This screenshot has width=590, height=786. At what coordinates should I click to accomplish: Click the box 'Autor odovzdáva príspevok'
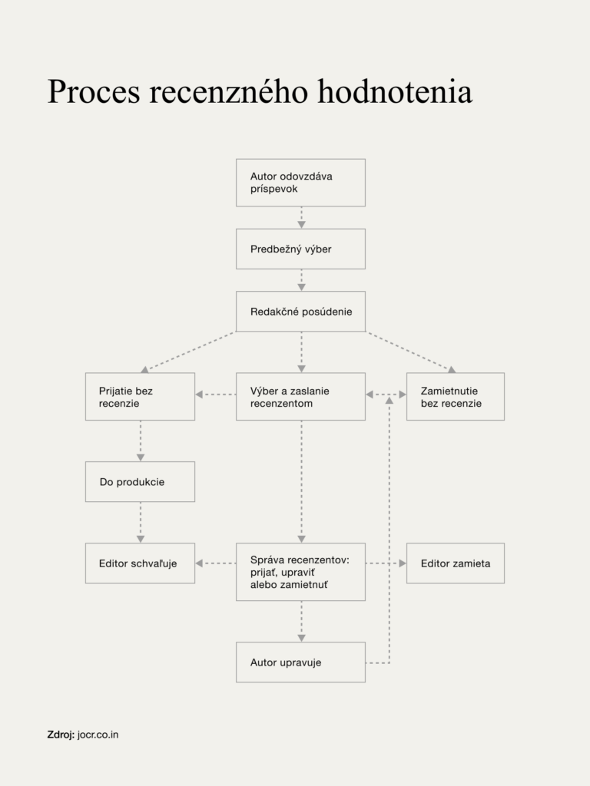coord(300,183)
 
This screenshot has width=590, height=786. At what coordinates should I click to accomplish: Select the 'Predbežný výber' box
coord(300,249)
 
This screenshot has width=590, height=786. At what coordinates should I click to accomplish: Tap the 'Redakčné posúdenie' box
coord(300,312)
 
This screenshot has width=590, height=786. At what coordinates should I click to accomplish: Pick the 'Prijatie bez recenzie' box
coord(140,397)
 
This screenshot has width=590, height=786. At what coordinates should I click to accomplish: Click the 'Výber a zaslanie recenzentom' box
coord(300,397)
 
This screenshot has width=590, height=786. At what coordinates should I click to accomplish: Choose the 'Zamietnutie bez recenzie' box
coord(456,397)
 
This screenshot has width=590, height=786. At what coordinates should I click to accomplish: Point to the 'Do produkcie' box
coord(140,482)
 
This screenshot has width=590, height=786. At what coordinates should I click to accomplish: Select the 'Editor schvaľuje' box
coord(140,563)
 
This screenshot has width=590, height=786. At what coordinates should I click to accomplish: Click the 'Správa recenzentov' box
coord(300,572)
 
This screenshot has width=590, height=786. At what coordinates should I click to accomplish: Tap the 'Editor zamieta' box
coord(456,563)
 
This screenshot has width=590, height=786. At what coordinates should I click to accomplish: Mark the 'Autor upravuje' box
coord(300,662)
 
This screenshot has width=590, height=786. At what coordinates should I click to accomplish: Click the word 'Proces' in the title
coord(94,91)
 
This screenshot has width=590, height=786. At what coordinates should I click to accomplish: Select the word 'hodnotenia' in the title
coord(396,91)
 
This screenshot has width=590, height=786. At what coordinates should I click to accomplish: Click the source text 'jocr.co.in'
coord(98,735)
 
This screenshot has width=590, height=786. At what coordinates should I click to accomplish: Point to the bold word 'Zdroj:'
coord(61,735)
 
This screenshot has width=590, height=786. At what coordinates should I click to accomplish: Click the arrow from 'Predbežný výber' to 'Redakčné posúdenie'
coord(301,280)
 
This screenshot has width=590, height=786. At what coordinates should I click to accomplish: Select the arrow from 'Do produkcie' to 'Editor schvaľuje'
coord(141,522)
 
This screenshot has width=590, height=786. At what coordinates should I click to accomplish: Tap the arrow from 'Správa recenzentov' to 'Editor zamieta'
coord(386,563)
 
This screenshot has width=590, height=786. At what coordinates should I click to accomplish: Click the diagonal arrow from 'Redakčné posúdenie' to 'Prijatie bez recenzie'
coord(188,352)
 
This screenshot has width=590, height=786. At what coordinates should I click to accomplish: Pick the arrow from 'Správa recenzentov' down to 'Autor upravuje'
coord(301,622)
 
